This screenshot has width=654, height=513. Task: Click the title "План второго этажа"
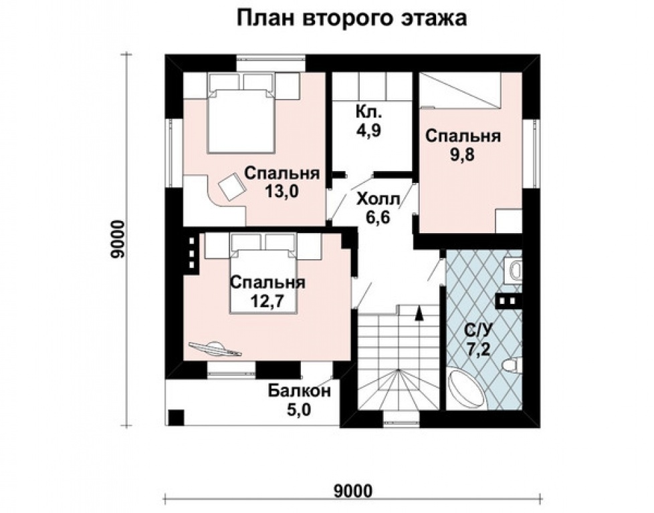[x=351, y=19]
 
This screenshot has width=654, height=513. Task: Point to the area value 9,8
[x=463, y=158]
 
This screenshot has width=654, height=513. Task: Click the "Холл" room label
[x=378, y=199]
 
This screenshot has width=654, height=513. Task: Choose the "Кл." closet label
[x=368, y=111]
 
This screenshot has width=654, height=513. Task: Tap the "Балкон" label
[x=299, y=391]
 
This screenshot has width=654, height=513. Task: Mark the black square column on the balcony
[x=175, y=417]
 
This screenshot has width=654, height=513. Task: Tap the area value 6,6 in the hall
[x=378, y=217]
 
